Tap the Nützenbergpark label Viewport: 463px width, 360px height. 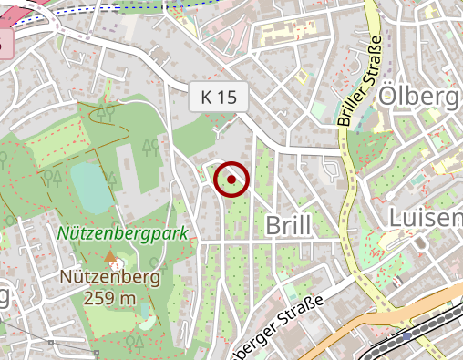122,233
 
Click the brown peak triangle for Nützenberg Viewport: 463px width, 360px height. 110,258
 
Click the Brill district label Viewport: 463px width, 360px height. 288,224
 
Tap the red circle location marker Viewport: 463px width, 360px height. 231,180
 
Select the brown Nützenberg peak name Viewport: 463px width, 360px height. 110,276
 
